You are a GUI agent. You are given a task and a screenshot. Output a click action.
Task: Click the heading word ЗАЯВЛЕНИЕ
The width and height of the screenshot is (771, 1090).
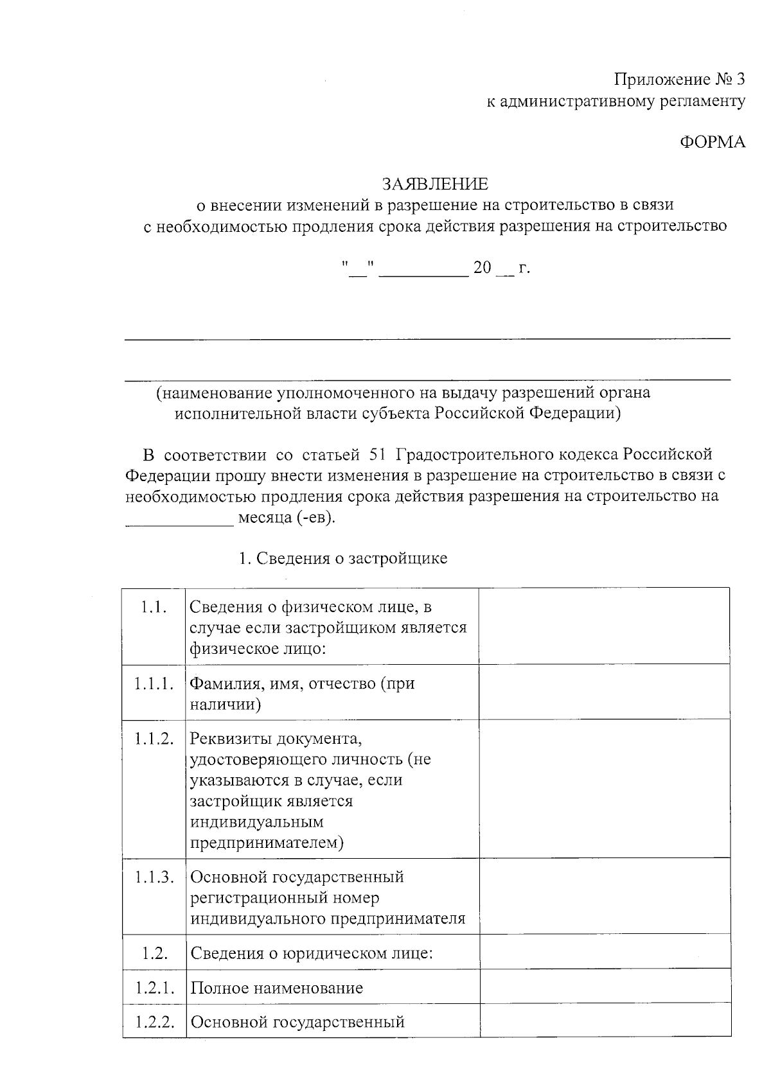coord(435,184)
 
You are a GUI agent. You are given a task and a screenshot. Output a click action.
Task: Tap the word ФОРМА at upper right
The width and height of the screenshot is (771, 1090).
coord(713,143)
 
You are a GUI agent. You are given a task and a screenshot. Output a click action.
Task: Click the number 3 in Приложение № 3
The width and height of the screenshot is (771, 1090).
coord(740,80)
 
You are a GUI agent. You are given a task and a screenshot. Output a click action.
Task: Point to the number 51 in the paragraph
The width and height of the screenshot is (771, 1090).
coord(377,455)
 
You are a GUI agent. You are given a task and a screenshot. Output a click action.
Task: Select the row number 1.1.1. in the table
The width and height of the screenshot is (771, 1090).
coord(154,683)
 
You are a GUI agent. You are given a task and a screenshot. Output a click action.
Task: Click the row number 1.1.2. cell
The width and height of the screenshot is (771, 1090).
coord(154,739)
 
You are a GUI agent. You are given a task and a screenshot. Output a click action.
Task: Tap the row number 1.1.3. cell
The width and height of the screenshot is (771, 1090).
coord(154,877)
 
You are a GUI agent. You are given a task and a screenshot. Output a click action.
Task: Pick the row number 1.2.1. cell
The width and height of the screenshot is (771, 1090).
coord(154,988)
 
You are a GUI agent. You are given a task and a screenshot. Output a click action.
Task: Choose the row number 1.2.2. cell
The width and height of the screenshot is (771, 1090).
coord(154,1022)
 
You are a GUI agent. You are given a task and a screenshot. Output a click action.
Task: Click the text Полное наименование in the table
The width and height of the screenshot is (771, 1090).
coord(277,988)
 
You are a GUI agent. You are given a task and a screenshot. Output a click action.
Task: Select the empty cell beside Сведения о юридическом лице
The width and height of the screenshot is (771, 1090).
coord(605,952)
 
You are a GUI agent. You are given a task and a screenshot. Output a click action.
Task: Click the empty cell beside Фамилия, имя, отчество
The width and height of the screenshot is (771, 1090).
coord(605,692)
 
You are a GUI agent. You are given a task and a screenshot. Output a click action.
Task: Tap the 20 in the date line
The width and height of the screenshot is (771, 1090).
coord(482,268)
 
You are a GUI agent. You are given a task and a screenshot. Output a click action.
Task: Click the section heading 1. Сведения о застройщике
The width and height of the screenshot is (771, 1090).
coord(342,559)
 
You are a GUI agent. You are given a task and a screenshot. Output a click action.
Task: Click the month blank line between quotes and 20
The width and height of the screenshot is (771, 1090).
coord(423,273)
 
